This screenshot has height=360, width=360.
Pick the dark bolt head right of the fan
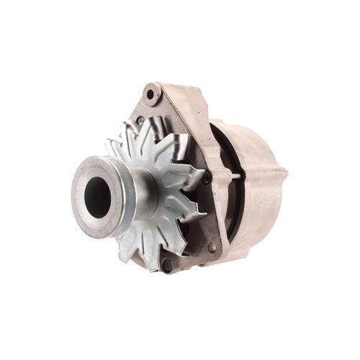click(207, 179)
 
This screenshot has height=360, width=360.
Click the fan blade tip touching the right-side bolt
click(198, 173)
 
